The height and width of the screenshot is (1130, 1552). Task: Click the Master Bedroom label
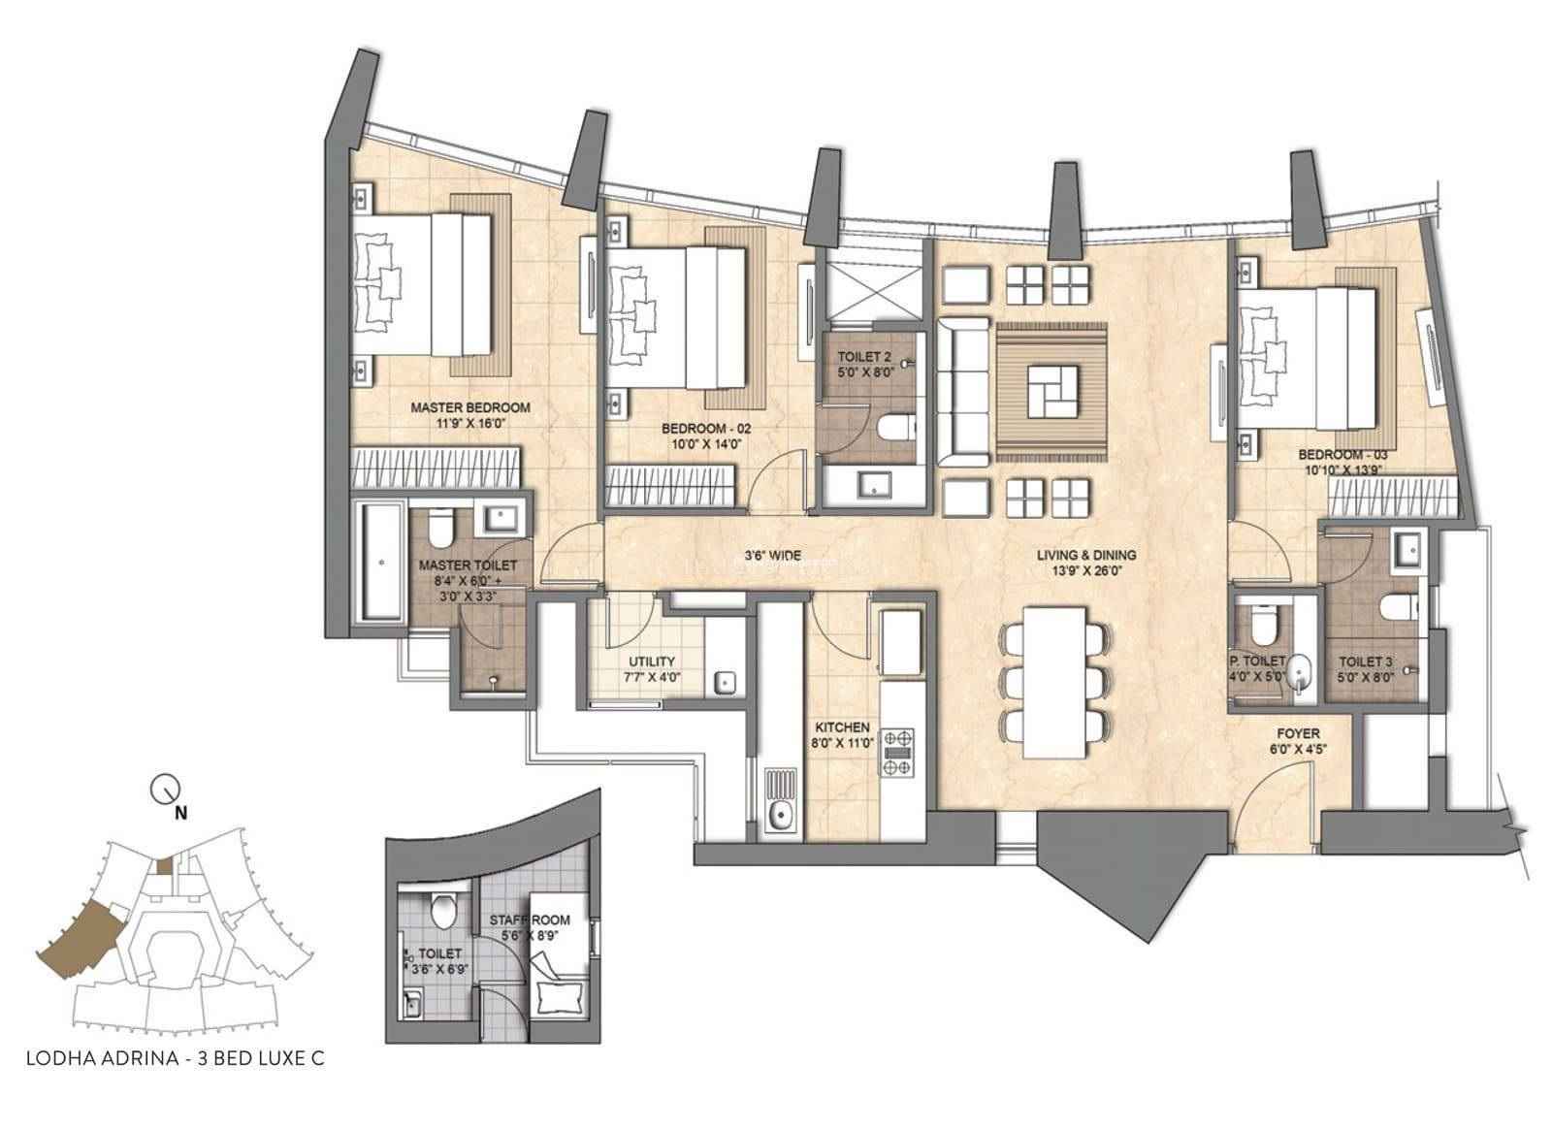pos(469,407)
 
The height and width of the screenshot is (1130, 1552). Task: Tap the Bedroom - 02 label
pos(706,429)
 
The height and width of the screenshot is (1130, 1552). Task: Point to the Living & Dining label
pos(1086,555)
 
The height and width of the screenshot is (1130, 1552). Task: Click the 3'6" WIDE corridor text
pos(772,555)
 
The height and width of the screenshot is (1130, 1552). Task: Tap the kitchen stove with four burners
pos(896,752)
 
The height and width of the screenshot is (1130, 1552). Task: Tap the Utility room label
pos(651,662)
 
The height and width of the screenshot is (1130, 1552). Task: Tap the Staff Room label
pos(530,920)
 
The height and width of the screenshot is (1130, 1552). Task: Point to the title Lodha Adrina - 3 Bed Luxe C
pos(176,1078)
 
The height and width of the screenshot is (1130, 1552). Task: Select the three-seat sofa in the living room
pos(963,393)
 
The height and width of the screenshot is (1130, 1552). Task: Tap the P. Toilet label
pos(1257,661)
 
